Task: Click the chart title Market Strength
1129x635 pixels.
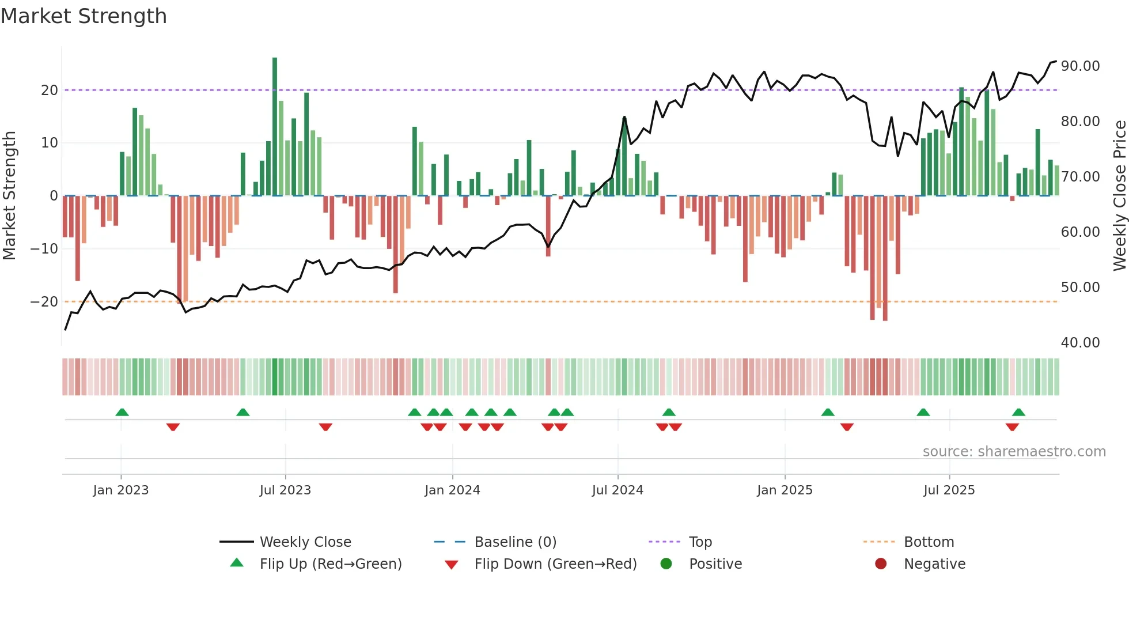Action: pyautogui.click(x=84, y=16)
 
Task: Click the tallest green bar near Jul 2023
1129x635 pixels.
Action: pyautogui.click(x=275, y=127)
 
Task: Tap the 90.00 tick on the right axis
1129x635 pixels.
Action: pyautogui.click(x=1080, y=66)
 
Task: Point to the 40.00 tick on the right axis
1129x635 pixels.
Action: pyautogui.click(x=1080, y=343)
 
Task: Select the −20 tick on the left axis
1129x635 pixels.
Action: pyautogui.click(x=44, y=302)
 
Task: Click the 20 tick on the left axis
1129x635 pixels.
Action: pyautogui.click(x=49, y=90)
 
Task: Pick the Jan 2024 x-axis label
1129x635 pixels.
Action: pyautogui.click(x=452, y=490)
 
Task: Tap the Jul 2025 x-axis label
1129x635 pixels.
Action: pyautogui.click(x=949, y=490)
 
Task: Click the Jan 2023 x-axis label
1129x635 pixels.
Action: pyautogui.click(x=121, y=490)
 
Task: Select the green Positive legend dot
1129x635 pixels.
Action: pyautogui.click(x=666, y=564)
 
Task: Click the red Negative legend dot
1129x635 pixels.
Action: pyautogui.click(x=881, y=564)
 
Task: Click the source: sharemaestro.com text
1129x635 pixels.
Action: pyautogui.click(x=1014, y=452)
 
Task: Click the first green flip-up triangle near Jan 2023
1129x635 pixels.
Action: pyautogui.click(x=122, y=413)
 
